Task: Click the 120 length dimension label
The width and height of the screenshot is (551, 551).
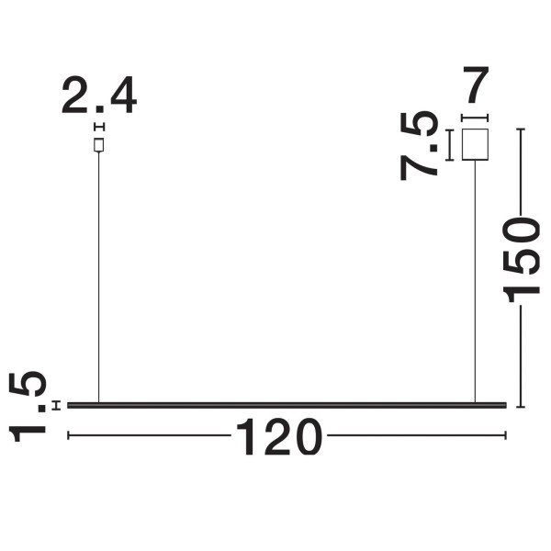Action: pyautogui.click(x=279, y=437)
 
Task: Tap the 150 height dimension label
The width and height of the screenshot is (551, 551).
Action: pyautogui.click(x=521, y=259)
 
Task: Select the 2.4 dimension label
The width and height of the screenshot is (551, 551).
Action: pyautogui.click(x=99, y=95)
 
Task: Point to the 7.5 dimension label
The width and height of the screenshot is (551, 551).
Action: pyautogui.click(x=419, y=145)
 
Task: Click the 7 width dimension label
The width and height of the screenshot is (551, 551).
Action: pyautogui.click(x=476, y=84)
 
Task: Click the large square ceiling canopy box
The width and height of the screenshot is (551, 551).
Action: pyautogui.click(x=475, y=144)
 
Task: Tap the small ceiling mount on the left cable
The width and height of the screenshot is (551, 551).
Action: pyautogui.click(x=99, y=145)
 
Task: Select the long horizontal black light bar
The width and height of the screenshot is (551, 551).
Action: pyautogui.click(x=287, y=405)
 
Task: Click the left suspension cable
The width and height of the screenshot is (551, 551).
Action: pyautogui.click(x=99, y=277)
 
